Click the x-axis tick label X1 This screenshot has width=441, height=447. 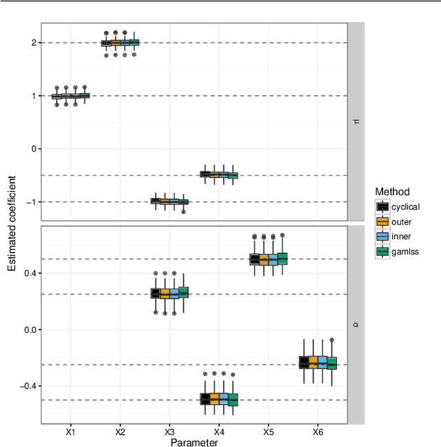click(71, 431)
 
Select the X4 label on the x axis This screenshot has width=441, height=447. click(219, 431)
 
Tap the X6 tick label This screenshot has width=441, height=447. click(318, 431)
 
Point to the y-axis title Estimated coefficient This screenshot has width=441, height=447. click(12, 222)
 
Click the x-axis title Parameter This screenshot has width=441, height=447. click(194, 441)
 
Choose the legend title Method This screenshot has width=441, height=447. click(393, 192)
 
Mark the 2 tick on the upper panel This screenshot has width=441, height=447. click(33, 43)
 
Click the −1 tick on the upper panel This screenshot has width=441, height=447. click(30, 202)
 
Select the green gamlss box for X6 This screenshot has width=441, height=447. click(331, 363)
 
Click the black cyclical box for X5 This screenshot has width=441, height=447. click(254, 259)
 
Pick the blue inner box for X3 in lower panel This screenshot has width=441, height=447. click(174, 293)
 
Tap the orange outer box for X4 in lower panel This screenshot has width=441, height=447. click(214, 399)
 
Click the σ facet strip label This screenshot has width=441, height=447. click(356, 324)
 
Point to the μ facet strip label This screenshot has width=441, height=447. click(356, 121)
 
